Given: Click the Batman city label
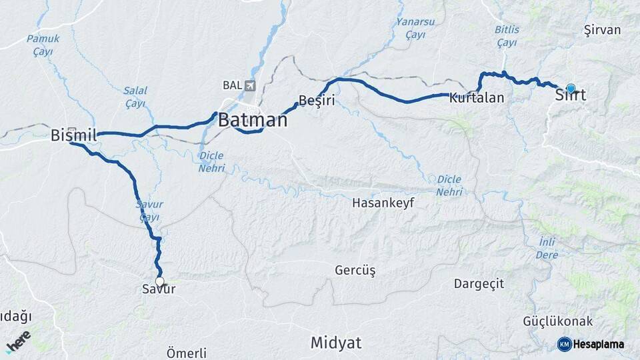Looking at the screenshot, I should tap(253, 121).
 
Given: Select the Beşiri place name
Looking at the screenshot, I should tap(316, 101).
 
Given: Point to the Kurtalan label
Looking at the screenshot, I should tap(476, 98).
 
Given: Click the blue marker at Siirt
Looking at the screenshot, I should tap(571, 88).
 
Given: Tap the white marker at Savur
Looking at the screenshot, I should tap(160, 281).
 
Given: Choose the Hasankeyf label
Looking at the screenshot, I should tap(383, 203).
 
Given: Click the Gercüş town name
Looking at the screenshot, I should tap(355, 271).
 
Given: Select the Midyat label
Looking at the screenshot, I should tap(336, 343).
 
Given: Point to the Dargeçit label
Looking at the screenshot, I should tap(479, 283).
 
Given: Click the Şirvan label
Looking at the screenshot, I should tap(602, 30).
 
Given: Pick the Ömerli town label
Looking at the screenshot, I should tap(187, 353).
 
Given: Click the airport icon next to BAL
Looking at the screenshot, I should tap(250, 85).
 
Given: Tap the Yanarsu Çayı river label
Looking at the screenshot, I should tap(415, 27).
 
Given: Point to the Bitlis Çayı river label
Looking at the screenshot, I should tap(507, 36).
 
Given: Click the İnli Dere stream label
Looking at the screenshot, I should tap(546, 248).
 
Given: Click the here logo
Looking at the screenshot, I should tap(19, 341).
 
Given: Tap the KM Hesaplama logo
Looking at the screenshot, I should tap(591, 344).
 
